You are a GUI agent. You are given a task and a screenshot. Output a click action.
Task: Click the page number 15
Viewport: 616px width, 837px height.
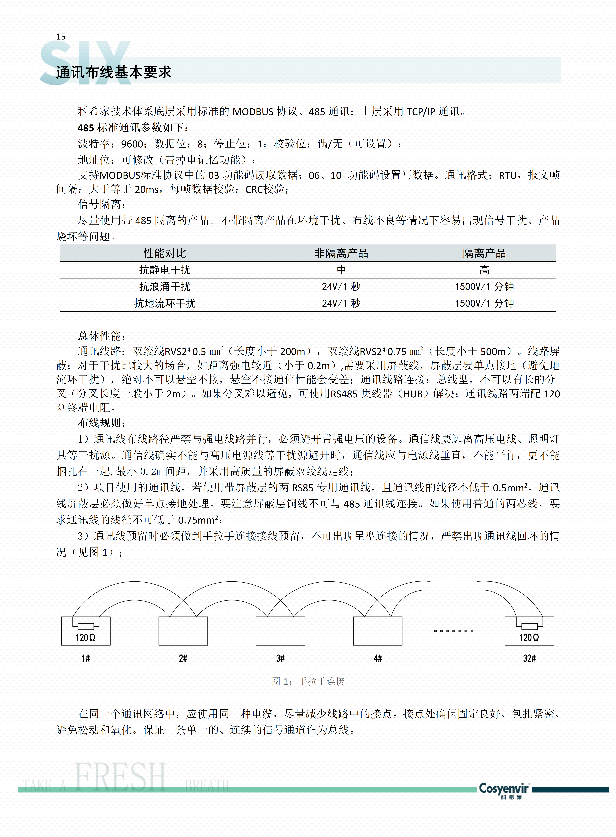(x=61, y=37)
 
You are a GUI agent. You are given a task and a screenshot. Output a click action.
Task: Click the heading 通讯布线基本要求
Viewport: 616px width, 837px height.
(x=114, y=72)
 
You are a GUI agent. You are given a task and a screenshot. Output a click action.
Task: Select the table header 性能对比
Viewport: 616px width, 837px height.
(x=165, y=253)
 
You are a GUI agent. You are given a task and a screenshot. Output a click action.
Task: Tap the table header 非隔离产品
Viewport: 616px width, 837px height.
(x=341, y=253)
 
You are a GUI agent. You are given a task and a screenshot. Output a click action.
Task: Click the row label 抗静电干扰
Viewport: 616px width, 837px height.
(x=165, y=270)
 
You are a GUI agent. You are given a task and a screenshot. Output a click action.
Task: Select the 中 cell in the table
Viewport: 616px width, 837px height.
(x=341, y=270)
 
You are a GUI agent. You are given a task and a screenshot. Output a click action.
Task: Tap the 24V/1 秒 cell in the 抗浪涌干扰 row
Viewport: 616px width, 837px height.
(x=341, y=287)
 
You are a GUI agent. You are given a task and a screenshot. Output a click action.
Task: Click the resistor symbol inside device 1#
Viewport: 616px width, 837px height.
(x=86, y=626)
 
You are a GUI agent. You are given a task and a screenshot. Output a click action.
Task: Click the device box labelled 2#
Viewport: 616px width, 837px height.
(x=183, y=631)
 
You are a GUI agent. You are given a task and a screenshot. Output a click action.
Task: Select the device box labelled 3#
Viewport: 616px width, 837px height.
(x=280, y=631)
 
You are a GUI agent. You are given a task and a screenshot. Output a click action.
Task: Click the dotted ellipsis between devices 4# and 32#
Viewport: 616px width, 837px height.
(x=453, y=631)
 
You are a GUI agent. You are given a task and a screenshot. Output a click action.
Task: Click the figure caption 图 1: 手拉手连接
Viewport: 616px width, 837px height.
(x=308, y=681)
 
